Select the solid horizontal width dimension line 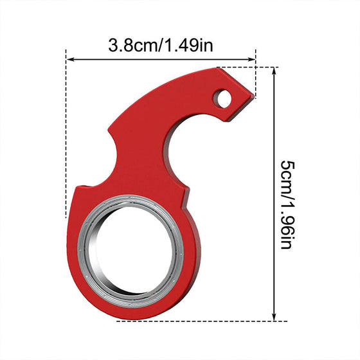(x=161, y=60)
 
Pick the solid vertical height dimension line (x=274, y=193)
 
